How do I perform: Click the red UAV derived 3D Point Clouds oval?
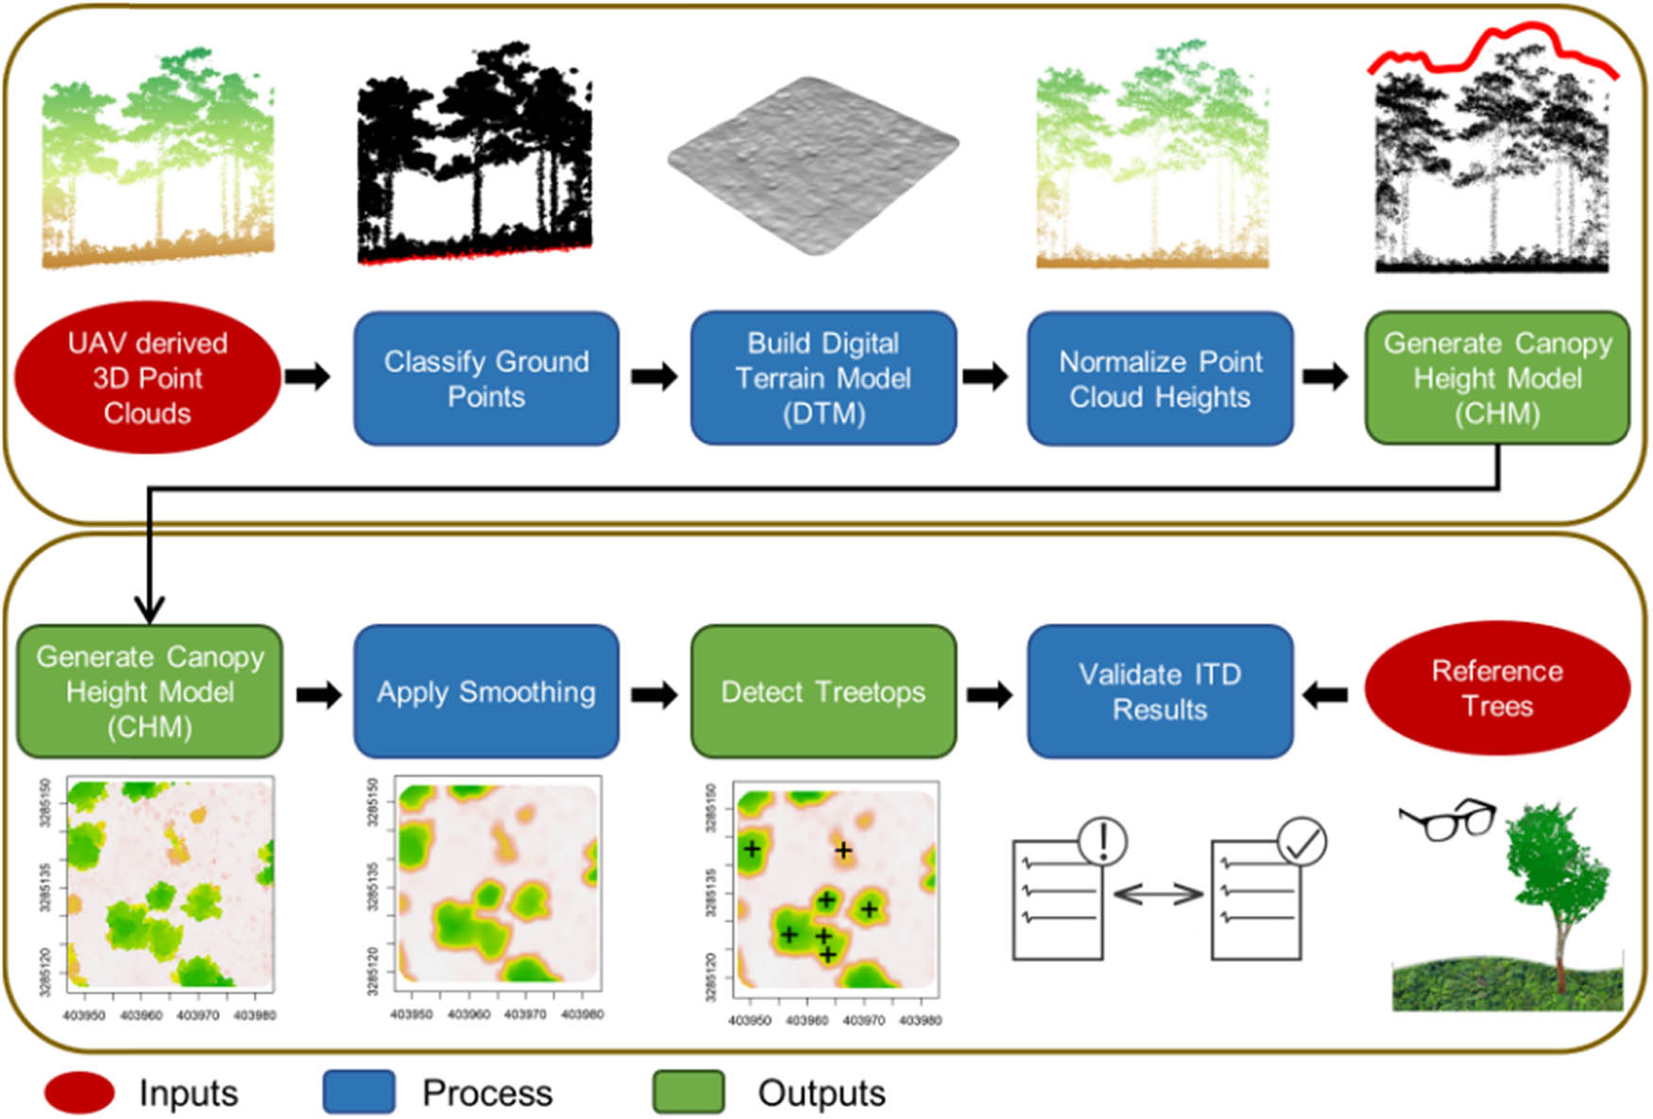[147, 378]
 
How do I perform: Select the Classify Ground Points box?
[486, 378]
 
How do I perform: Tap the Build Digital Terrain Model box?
[823, 378]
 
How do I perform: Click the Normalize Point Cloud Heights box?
[1160, 378]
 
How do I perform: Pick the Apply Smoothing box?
[486, 691]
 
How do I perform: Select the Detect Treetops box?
[823, 691]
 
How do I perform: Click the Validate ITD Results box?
[1160, 691]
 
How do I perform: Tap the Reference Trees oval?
[1497, 688]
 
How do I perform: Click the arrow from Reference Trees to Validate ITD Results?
[1325, 695]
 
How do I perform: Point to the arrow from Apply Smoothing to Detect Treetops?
[655, 695]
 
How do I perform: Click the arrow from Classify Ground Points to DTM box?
[655, 377]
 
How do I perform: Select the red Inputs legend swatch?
[79, 1093]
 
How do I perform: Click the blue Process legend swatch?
[359, 1093]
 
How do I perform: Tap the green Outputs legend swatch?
[689, 1093]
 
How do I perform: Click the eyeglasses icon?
[1448, 818]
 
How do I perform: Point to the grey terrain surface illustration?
[812, 165]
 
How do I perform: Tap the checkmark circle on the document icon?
[1302, 842]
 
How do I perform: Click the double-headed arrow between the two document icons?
[1157, 893]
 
